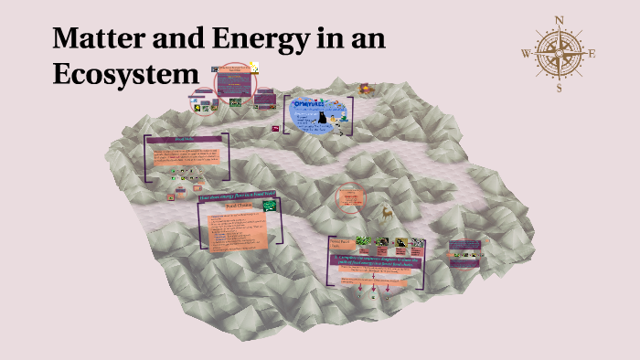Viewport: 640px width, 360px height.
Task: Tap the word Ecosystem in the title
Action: click(125, 74)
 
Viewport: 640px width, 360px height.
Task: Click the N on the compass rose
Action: click(560, 20)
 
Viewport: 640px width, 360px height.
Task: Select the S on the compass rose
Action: click(560, 89)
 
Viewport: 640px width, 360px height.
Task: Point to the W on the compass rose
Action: click(526, 53)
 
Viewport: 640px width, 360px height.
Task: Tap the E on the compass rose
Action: click(592, 53)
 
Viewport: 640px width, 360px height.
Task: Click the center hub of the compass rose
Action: click(560, 53)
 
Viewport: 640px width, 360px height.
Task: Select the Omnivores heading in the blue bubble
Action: click(315, 104)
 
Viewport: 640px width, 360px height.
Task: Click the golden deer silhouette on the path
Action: click(388, 211)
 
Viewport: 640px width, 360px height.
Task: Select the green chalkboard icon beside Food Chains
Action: click(270, 206)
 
